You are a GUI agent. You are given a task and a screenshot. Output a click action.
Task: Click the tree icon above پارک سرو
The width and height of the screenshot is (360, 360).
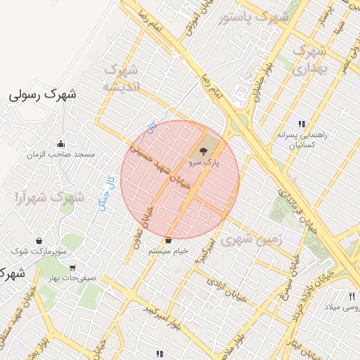click(202, 150)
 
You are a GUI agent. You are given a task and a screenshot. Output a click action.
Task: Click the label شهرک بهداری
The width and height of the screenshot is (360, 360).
click(308, 60)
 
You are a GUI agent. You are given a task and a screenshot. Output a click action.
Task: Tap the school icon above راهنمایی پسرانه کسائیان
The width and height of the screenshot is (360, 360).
click(302, 124)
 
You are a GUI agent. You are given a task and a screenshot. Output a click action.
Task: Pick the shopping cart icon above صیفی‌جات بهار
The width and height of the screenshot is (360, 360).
click(73, 268)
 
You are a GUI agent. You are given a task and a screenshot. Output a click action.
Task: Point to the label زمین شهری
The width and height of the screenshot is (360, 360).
click(251, 240)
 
